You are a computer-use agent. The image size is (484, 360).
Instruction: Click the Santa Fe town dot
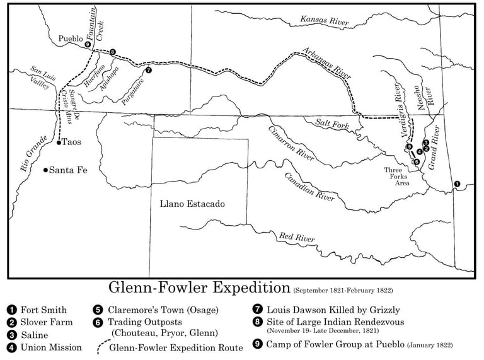click(x=45, y=170)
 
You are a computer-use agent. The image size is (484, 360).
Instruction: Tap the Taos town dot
click(x=59, y=143)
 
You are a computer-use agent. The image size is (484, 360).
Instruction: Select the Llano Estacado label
click(x=192, y=204)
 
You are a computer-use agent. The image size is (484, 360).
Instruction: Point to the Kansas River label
click(x=325, y=21)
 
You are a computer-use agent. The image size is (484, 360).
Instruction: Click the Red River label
click(x=297, y=238)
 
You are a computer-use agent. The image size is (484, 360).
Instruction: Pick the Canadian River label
click(x=309, y=187)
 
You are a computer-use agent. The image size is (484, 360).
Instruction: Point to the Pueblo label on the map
click(x=71, y=38)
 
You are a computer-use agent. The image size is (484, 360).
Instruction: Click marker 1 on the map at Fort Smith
click(x=457, y=184)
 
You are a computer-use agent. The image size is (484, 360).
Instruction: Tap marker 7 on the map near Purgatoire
click(x=148, y=71)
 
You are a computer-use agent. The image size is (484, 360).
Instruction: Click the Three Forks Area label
click(x=399, y=177)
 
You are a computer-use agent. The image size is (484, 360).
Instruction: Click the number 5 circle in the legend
click(x=98, y=310)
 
